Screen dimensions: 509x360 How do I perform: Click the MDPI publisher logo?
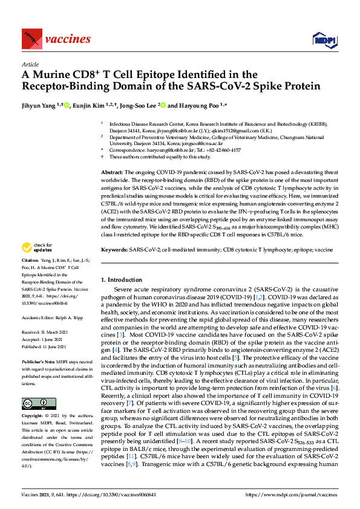click(324, 40)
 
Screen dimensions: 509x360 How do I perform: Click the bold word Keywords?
click(114, 250)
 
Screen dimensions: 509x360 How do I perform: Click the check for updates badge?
click(36, 264)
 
